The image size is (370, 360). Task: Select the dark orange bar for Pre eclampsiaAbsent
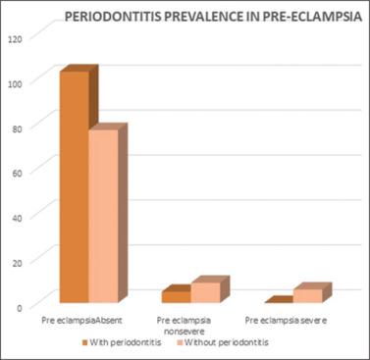[x=75, y=186]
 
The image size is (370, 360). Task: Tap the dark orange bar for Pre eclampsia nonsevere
[x=177, y=296]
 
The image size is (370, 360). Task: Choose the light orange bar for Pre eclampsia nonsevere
[x=206, y=292]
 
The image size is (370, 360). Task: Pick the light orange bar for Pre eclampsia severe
[x=307, y=295]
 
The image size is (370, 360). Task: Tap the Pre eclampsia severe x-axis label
[x=287, y=322]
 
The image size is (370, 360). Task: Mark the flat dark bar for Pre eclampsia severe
[x=279, y=301]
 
